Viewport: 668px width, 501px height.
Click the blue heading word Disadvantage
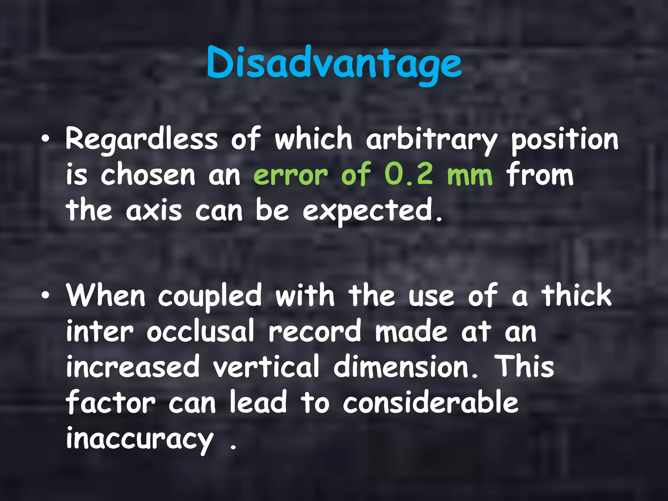coord(334,64)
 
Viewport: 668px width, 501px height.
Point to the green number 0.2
coord(409,175)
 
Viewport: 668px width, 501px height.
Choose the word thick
coord(576,295)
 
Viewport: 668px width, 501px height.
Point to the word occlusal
coord(200,331)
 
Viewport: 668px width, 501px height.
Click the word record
coord(315,331)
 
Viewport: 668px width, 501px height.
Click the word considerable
coord(431,402)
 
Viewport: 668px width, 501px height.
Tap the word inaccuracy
coord(140,438)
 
